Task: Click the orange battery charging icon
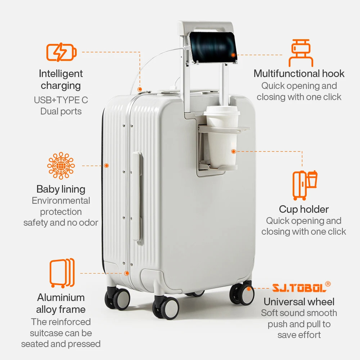pyautogui.click(x=61, y=53)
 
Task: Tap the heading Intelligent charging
pyautogui.click(x=61, y=80)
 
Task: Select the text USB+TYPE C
pyautogui.click(x=61, y=100)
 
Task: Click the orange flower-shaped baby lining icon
pyautogui.click(x=61, y=166)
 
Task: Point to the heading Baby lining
pyautogui.click(x=61, y=189)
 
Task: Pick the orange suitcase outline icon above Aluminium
pyautogui.click(x=62, y=273)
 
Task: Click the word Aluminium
pyautogui.click(x=61, y=297)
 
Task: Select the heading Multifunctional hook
pyautogui.click(x=299, y=74)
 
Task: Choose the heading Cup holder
pyautogui.click(x=304, y=209)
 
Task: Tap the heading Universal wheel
pyautogui.click(x=299, y=302)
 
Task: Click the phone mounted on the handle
pyautogui.click(x=212, y=47)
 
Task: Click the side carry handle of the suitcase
pyautogui.click(x=136, y=196)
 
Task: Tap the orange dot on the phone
pyautogui.click(x=233, y=55)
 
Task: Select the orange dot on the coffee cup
pyautogui.click(x=233, y=152)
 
